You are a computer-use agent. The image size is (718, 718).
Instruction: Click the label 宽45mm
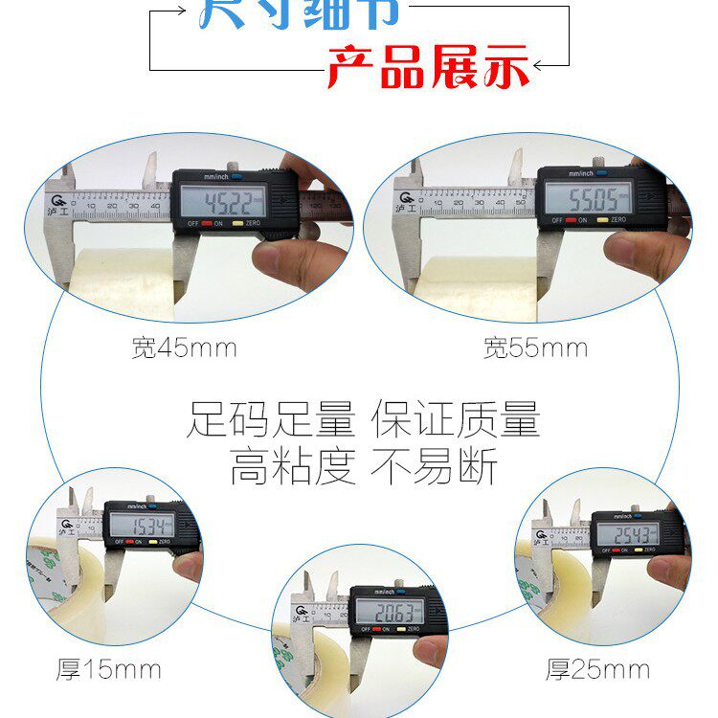184,348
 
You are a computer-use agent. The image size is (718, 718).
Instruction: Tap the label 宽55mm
535,348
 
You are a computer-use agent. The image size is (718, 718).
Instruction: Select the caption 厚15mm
108,669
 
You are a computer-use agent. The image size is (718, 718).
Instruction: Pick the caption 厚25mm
597,669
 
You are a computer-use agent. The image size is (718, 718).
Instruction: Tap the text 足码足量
270,419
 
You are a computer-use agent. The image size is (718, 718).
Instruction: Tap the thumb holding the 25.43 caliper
669,571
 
